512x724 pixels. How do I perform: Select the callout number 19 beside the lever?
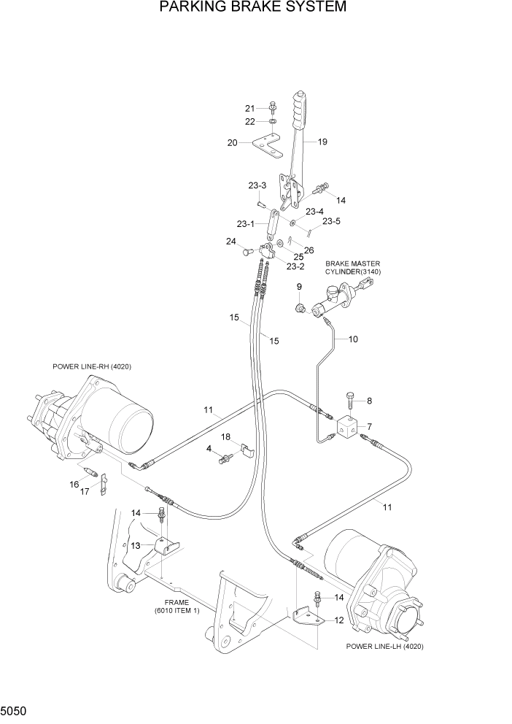pos(321,142)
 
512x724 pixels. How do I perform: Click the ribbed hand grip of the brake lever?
pos(300,110)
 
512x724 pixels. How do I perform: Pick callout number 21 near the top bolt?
pos(251,109)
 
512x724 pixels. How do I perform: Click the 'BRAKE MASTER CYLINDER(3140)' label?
pos(353,267)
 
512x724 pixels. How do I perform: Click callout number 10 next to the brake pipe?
pos(353,339)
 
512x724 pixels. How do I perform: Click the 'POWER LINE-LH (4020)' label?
pos(386,647)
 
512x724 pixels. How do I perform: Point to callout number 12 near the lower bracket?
pos(338,620)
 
